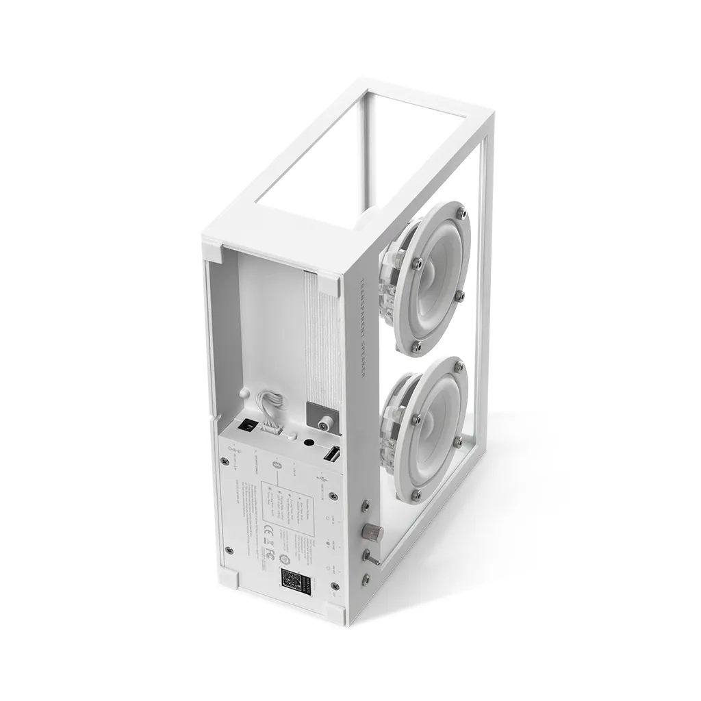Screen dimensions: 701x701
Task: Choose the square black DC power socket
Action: (248, 425)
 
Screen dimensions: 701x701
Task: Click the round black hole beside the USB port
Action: (306, 444)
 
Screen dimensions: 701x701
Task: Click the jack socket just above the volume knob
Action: (366, 507)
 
